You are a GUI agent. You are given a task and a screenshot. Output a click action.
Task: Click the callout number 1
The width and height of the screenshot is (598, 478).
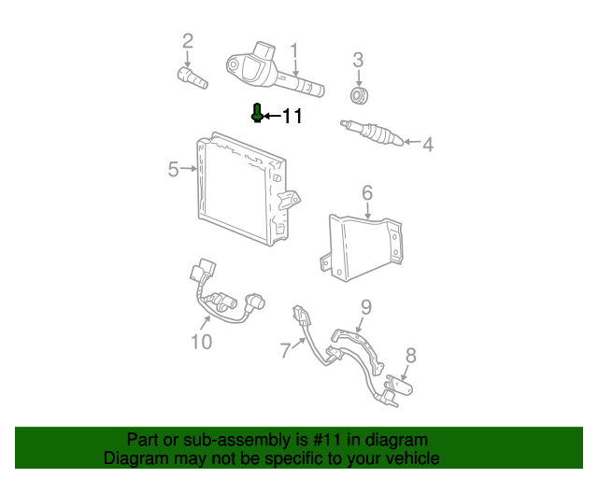(293, 50)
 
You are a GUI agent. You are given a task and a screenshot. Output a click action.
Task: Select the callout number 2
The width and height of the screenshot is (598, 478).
(187, 40)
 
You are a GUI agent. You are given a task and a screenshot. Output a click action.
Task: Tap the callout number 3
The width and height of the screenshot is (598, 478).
(358, 61)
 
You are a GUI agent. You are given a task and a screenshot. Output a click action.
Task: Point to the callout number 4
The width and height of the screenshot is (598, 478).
(428, 145)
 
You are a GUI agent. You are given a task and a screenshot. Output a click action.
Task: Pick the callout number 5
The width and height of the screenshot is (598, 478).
(174, 169)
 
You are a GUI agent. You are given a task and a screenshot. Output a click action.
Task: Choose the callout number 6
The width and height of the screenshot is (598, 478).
(367, 192)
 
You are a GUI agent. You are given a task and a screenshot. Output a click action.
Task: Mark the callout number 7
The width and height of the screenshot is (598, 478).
(286, 350)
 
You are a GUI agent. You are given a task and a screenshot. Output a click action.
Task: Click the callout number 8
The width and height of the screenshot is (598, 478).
(410, 355)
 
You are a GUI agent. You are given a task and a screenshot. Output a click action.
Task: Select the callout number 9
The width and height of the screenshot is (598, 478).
(366, 306)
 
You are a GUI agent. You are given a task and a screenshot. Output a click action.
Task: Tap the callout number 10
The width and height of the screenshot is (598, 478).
(202, 342)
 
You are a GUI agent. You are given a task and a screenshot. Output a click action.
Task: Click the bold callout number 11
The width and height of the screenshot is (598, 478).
(292, 117)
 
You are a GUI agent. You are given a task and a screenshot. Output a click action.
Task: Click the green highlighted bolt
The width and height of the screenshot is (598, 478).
(258, 113)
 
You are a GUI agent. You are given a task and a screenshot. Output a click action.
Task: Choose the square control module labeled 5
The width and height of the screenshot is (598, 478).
(241, 191)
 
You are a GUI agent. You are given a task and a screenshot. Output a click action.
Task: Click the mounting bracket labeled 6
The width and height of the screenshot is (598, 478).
(364, 245)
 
